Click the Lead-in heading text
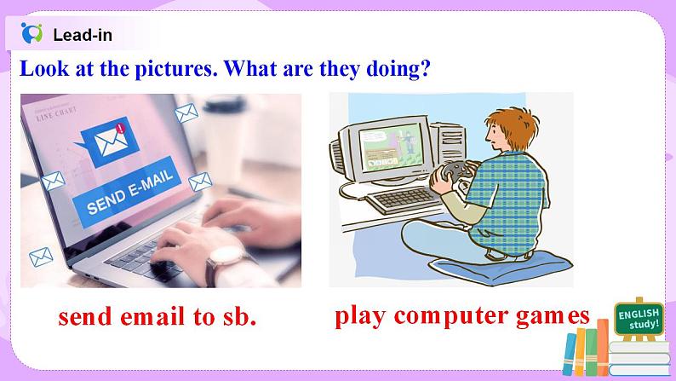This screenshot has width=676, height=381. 82,35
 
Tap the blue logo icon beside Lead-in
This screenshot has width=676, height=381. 32,34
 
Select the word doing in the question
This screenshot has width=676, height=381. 387,69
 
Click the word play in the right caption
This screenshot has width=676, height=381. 364,316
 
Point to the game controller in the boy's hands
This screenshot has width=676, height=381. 449,171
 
